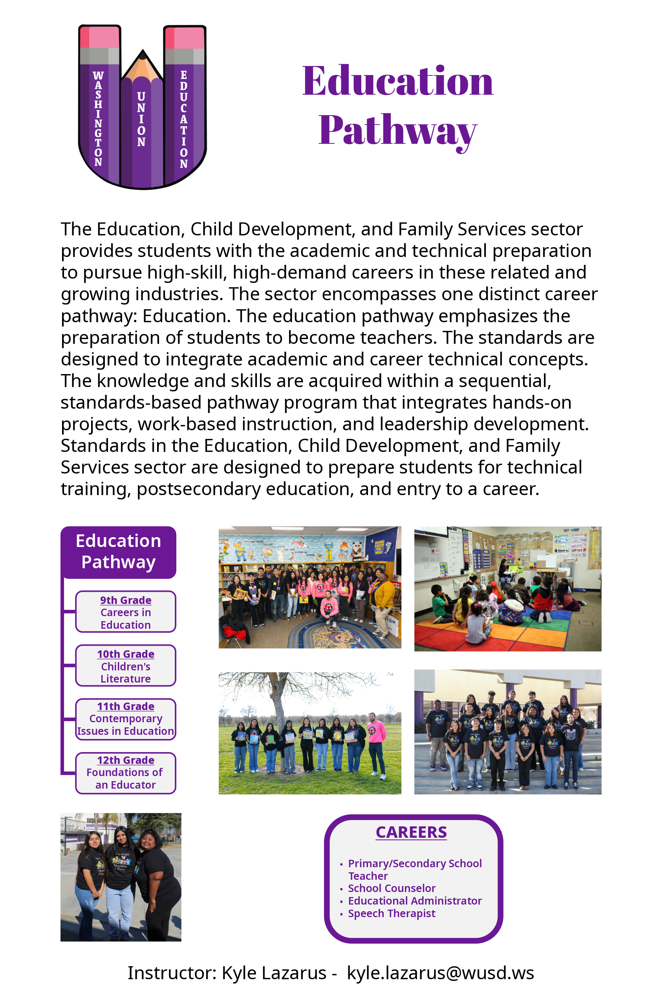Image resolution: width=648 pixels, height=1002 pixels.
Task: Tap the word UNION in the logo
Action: (141, 119)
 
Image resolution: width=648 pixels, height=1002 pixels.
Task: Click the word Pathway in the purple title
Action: (397, 130)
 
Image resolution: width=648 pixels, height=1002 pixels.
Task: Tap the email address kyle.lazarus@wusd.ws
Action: (440, 973)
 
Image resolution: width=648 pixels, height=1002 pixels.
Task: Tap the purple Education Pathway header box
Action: (118, 552)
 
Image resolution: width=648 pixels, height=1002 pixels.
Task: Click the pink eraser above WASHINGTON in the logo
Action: (100, 37)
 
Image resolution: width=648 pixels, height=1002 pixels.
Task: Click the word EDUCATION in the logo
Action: (184, 119)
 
